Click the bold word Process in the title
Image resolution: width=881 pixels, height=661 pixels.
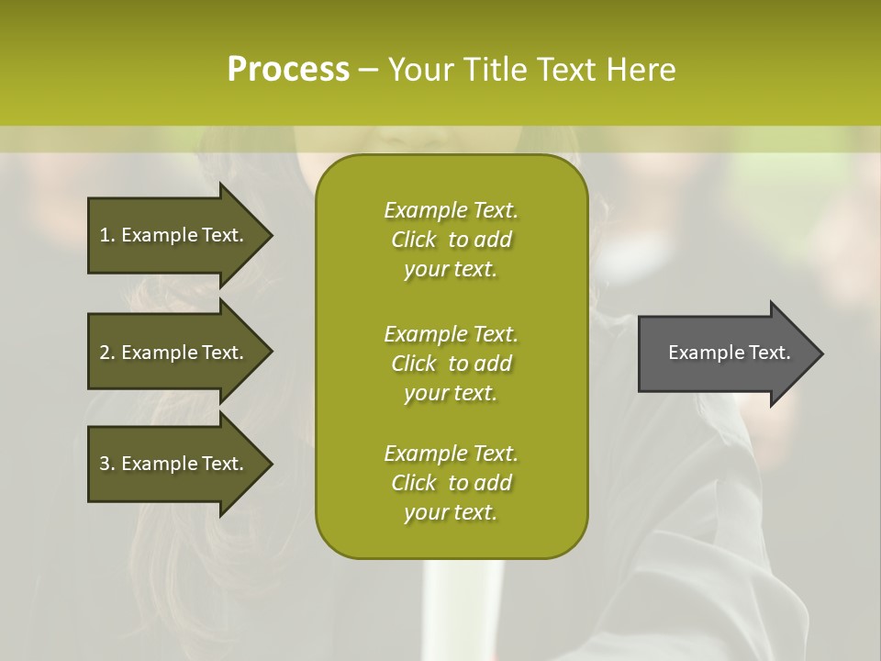(288, 70)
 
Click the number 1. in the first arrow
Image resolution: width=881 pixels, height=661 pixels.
(107, 235)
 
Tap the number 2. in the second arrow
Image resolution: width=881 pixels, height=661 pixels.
(107, 353)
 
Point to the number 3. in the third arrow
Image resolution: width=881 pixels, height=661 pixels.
(107, 464)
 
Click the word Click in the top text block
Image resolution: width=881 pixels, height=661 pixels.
(414, 240)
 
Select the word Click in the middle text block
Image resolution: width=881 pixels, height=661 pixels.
(414, 364)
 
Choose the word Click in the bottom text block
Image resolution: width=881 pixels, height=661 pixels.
(414, 483)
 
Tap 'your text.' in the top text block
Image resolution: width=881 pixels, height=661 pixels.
(451, 270)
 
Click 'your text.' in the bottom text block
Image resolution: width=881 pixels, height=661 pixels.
(451, 513)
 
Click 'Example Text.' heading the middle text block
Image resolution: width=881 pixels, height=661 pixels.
(451, 333)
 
